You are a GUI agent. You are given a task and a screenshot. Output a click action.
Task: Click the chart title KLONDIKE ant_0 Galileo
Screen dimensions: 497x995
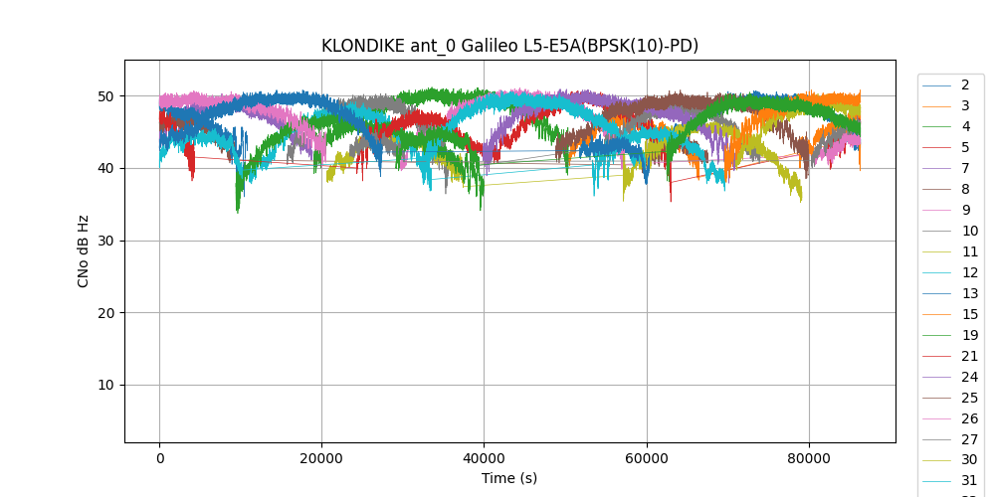click(509, 46)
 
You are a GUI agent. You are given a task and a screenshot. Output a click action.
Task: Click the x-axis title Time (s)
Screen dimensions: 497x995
click(509, 478)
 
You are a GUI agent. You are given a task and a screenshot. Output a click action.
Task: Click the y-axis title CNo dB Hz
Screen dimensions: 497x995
click(84, 251)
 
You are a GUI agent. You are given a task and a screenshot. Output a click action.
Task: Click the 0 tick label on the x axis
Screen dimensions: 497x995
click(159, 458)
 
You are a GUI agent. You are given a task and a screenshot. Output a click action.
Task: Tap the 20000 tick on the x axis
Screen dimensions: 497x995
click(321, 458)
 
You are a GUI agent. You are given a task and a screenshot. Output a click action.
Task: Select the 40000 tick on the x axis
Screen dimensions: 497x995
click(484, 458)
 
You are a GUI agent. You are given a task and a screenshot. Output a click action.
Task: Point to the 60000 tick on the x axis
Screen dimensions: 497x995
click(647, 458)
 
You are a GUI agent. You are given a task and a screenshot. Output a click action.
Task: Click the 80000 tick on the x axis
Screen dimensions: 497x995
click(809, 458)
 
